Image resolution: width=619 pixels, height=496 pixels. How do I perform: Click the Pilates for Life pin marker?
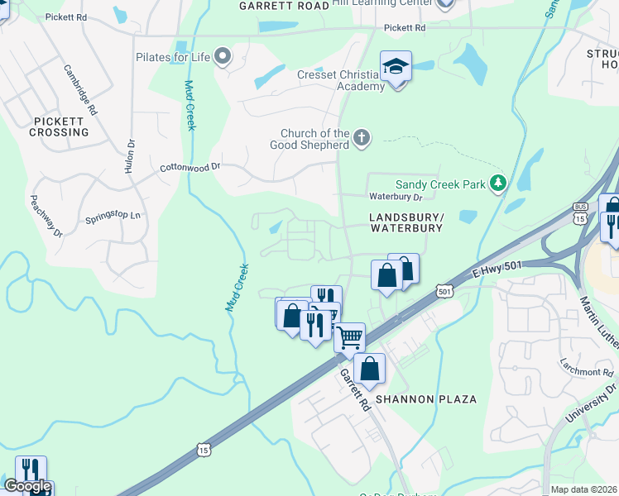click(222, 57)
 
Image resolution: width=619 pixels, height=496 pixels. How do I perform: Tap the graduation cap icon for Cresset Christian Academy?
click(396, 67)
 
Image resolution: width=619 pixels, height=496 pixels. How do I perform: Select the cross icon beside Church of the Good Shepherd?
click(361, 138)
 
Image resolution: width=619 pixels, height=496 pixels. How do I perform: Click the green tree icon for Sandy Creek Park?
click(497, 183)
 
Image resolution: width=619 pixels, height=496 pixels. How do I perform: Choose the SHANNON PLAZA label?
click(426, 399)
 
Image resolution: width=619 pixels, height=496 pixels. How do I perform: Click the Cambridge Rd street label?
click(80, 88)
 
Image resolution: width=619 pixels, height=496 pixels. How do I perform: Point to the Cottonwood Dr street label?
click(190, 167)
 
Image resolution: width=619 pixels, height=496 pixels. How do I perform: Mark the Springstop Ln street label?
click(113, 218)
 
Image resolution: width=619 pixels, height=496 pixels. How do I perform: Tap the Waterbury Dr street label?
click(396, 197)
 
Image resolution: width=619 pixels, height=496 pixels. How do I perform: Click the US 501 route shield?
click(444, 291)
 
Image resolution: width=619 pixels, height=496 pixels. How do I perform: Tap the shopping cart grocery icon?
click(350, 336)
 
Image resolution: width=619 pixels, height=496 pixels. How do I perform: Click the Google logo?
click(27, 486)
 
